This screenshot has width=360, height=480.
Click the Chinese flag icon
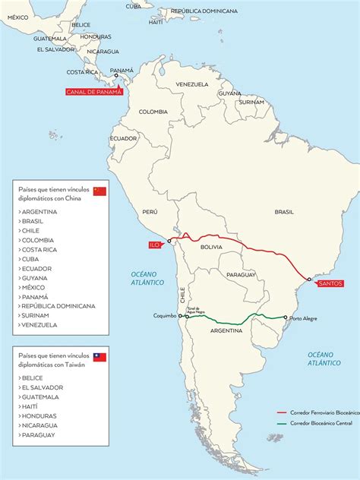(99, 191)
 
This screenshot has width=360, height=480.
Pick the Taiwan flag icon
(99, 357)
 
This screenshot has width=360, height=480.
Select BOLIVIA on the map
(211, 247)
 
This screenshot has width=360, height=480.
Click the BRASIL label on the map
(283, 212)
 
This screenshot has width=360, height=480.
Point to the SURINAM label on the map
(250, 101)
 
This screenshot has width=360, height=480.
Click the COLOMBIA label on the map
(153, 112)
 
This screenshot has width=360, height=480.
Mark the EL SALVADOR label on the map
(55, 49)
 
